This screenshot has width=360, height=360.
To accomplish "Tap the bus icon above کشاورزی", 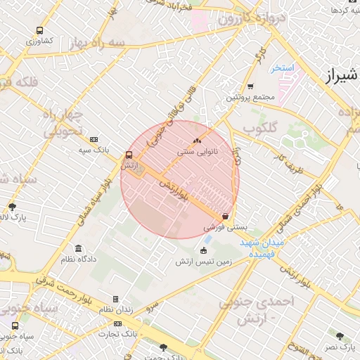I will pos(39,31).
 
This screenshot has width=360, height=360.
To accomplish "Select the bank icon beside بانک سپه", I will pos(94,140).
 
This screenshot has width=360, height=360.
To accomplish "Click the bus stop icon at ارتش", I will pos(128,155).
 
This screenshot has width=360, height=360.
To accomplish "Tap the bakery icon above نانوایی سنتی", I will pos(197,141).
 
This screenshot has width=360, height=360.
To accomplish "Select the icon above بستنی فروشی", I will pos(225,217).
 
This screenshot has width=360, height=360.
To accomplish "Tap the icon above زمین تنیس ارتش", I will pos(204,251).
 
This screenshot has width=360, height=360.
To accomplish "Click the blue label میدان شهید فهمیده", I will pos(262,247).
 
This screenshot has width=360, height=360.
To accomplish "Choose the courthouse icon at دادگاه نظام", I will pos(77,249).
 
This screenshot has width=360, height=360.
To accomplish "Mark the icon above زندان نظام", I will pos(115,299).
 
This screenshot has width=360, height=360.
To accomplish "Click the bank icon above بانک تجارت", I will pos(117,324).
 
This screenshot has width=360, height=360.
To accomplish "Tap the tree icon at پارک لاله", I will pos(12,207).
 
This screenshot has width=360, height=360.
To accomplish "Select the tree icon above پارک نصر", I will pos(340,336).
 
